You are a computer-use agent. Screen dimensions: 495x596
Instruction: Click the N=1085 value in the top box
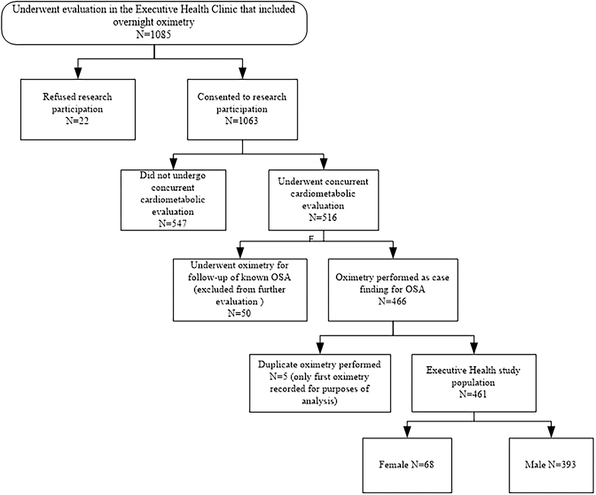click(x=154, y=34)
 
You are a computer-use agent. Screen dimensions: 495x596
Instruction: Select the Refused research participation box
click(x=78, y=109)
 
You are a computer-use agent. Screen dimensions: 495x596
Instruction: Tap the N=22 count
click(x=77, y=120)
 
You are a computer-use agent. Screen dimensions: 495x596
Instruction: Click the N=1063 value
click(x=242, y=120)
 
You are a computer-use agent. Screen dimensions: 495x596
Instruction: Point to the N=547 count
click(x=173, y=223)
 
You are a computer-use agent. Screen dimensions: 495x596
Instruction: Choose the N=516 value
click(x=323, y=218)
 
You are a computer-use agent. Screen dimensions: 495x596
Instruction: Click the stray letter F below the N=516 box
click(x=311, y=239)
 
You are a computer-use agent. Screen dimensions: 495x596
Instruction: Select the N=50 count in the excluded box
click(x=239, y=313)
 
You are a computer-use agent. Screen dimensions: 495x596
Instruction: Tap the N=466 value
click(x=392, y=301)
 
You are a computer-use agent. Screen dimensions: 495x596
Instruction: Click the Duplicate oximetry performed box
click(x=320, y=383)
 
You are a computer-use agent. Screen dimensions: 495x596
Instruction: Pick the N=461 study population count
click(x=473, y=394)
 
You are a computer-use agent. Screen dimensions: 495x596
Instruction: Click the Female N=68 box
click(x=407, y=465)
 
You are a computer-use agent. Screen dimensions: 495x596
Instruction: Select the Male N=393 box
click(x=551, y=465)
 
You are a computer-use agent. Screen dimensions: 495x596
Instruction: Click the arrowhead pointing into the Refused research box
click(x=78, y=73)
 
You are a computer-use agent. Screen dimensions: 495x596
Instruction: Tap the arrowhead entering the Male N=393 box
click(x=551, y=432)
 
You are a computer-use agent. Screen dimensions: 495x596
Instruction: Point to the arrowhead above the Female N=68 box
click(x=407, y=432)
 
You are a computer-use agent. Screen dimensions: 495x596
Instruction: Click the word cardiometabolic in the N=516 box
click(x=323, y=194)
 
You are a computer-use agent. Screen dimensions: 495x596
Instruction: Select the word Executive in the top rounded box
click(x=157, y=9)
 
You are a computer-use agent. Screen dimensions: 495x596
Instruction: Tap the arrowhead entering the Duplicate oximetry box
click(x=320, y=348)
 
